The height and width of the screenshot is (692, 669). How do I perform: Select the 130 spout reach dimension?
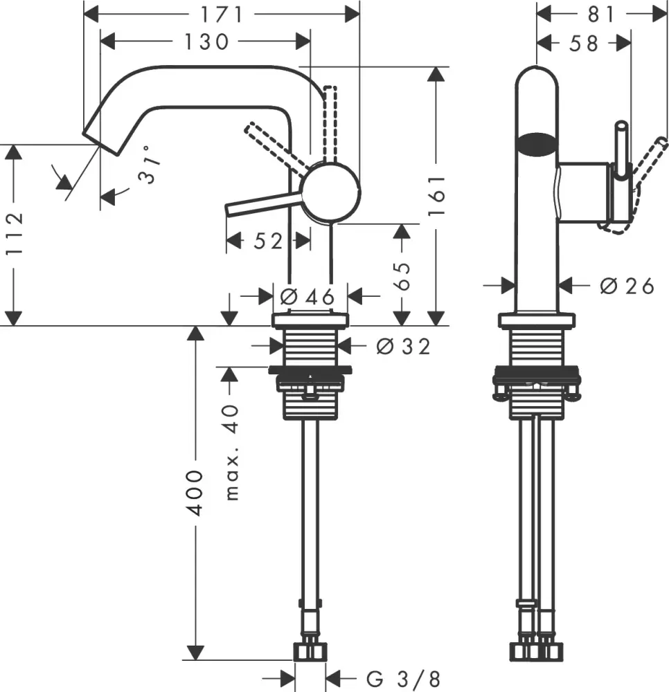[x=206, y=42]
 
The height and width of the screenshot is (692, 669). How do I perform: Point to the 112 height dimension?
[x=15, y=234]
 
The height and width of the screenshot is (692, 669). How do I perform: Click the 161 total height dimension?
[x=436, y=196]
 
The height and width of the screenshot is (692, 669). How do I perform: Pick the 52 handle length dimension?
[x=267, y=241]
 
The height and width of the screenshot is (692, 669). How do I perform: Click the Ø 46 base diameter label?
[x=308, y=297]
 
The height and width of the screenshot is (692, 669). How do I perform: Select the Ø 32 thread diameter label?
[x=403, y=346]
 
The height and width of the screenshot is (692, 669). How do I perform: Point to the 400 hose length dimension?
[x=196, y=493]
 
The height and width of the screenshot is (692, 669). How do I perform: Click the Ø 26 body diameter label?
[x=627, y=286]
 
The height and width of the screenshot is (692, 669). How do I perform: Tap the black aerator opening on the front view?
[x=537, y=144]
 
